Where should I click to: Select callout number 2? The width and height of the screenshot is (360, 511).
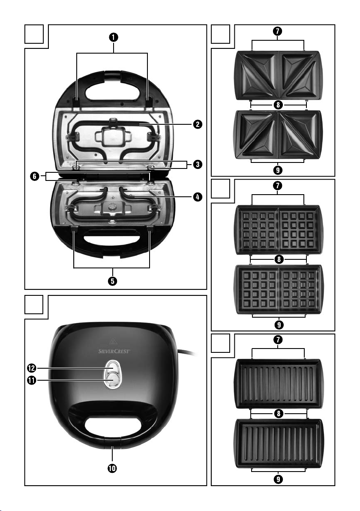tap(197, 125)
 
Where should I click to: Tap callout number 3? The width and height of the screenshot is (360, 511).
tap(197, 164)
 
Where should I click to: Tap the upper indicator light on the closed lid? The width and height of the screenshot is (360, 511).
tap(111, 367)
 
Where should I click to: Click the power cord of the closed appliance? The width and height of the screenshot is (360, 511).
tap(191, 354)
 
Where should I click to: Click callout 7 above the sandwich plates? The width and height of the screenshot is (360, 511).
tap(278, 31)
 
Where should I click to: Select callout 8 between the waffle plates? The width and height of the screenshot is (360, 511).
tap(278, 259)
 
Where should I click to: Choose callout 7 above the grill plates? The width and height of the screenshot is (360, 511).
tap(278, 340)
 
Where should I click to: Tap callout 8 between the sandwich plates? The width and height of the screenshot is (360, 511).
tap(278, 104)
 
